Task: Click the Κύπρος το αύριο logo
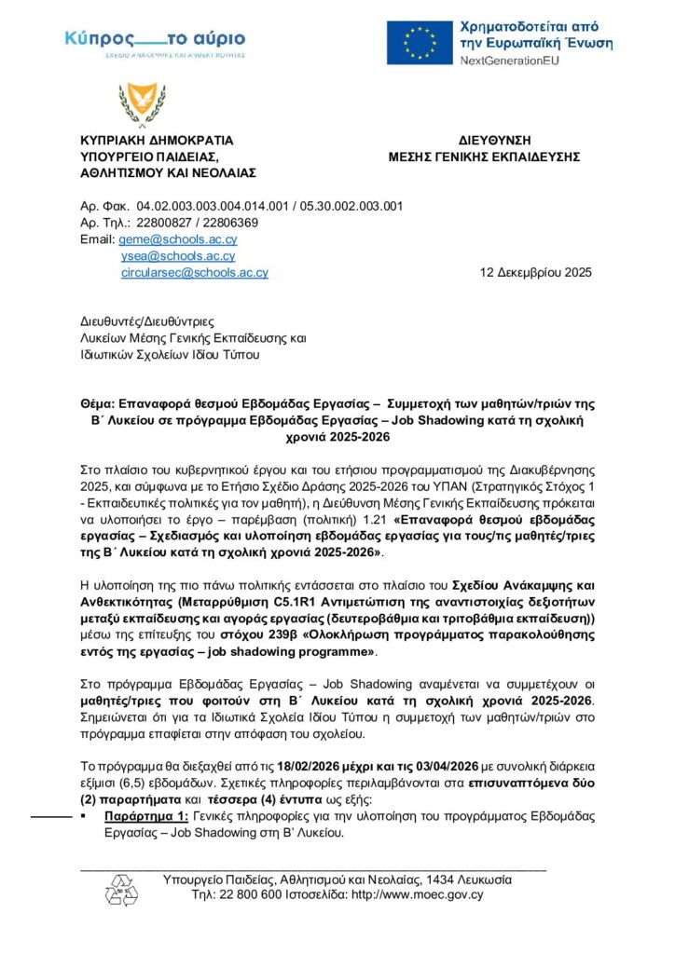[x=155, y=40]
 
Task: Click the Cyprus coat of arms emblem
[x=135, y=103]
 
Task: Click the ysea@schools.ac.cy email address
[x=178, y=256]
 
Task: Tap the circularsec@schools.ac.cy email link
[x=195, y=273]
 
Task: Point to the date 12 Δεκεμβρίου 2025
[x=535, y=273]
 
